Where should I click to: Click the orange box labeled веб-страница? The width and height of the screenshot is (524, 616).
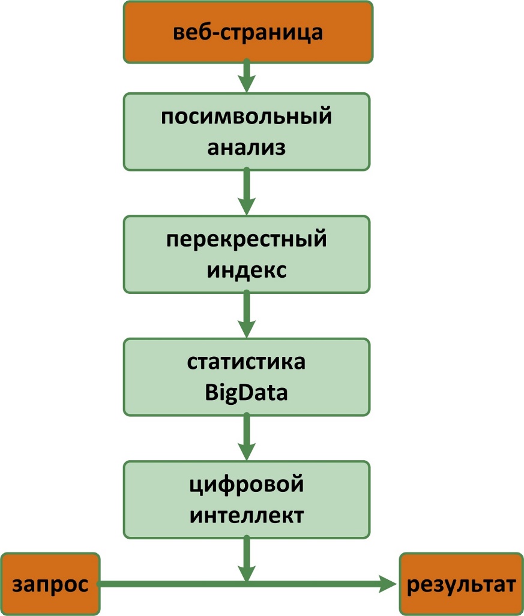(x=247, y=31)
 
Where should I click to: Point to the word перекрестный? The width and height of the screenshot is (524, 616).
(x=247, y=240)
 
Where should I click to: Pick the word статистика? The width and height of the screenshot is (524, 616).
(x=247, y=363)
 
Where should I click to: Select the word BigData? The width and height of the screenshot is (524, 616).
(x=247, y=393)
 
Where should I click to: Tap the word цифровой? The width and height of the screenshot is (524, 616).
(x=247, y=485)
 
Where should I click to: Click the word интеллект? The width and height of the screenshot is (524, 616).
(x=247, y=515)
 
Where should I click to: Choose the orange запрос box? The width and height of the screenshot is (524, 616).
(x=50, y=584)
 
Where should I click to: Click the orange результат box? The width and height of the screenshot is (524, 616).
(x=461, y=584)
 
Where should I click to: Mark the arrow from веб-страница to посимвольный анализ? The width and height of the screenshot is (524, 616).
(x=247, y=77)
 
